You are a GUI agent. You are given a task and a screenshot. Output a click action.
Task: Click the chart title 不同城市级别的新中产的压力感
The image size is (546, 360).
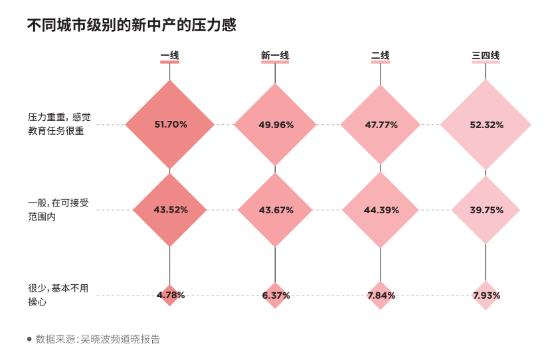click(x=132, y=25)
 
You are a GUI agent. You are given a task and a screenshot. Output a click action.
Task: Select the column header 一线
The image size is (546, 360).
click(x=169, y=56)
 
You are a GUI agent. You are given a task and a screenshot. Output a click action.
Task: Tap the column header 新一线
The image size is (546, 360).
click(x=275, y=56)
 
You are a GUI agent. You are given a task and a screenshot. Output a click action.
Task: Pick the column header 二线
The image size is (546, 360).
click(x=380, y=56)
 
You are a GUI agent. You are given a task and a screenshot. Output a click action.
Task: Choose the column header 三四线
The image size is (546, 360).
click(x=486, y=56)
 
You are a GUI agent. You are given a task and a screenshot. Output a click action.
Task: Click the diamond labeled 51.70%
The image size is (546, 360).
click(x=170, y=124)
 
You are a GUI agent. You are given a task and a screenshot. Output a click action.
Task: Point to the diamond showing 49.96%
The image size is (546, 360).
click(x=276, y=124)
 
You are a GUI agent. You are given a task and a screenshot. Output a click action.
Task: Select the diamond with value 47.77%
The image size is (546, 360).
click(x=381, y=124)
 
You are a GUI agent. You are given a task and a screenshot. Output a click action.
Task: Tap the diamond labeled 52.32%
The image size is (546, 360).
click(x=486, y=124)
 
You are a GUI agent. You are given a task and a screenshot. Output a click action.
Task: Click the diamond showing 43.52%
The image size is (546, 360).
click(x=170, y=210)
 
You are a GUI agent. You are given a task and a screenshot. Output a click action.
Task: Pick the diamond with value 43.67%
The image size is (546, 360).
click(x=276, y=210)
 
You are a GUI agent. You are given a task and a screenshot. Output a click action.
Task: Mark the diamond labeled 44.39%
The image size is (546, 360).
click(x=381, y=210)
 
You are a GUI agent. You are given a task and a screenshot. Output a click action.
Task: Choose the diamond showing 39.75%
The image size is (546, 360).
click(x=486, y=210)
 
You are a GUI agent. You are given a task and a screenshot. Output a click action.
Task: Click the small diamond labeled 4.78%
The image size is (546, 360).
click(x=170, y=295)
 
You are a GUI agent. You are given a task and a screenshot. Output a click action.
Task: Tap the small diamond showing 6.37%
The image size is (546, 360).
click(x=276, y=295)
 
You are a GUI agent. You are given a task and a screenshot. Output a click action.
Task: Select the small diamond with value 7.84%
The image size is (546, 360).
click(x=381, y=295)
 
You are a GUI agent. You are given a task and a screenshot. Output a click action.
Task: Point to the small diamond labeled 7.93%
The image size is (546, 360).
click(x=486, y=295)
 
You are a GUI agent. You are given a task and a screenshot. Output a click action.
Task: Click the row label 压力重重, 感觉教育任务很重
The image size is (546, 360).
click(x=59, y=124)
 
